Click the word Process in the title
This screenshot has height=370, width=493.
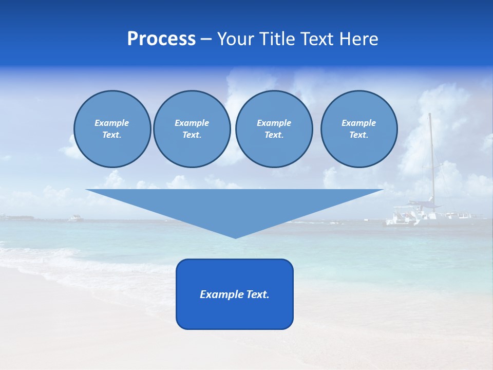click(161, 39)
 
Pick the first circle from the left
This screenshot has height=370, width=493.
click(112, 128)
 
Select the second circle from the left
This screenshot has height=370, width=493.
click(192, 128)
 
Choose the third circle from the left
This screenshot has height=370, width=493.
click(274, 128)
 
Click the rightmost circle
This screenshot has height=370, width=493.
click(359, 128)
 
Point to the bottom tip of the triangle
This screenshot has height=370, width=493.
click(235, 237)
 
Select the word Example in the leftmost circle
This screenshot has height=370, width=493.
click(112, 123)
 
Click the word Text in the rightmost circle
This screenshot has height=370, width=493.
click(358, 135)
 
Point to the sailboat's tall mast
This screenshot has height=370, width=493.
click(431, 154)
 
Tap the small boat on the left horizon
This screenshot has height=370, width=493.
click(75, 218)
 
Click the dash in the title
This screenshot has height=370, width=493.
click(206, 39)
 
